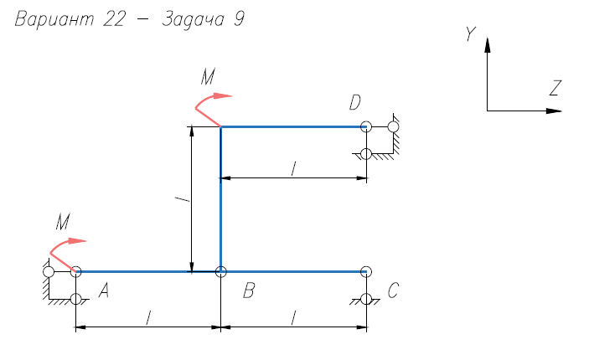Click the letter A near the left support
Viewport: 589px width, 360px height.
(x=104, y=291)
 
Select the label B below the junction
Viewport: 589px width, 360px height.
(x=249, y=291)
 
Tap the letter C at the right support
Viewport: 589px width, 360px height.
(x=393, y=291)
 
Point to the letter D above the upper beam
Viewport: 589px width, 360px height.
(x=355, y=102)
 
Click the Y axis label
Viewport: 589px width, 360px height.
(x=471, y=33)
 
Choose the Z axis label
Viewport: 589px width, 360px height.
(x=555, y=88)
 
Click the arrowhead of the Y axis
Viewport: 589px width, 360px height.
(x=487, y=44)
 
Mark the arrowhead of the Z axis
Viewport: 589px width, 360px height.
(x=554, y=111)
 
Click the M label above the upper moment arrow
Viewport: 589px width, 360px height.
(x=208, y=77)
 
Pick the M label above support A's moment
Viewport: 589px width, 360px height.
(x=63, y=222)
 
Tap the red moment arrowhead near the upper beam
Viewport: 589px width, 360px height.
(x=223, y=95)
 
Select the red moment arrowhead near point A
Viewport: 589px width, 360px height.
(x=77, y=241)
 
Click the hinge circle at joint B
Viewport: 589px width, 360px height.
(x=221, y=271)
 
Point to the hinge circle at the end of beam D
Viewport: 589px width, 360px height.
(x=366, y=127)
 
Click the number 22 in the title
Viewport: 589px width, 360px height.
(x=114, y=18)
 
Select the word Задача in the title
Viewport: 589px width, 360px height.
(x=193, y=19)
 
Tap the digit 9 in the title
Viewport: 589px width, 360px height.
(x=239, y=18)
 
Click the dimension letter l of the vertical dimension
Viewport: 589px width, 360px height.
(x=183, y=198)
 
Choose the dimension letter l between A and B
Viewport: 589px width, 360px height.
(x=148, y=317)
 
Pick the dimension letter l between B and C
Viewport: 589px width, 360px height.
(x=293, y=317)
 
